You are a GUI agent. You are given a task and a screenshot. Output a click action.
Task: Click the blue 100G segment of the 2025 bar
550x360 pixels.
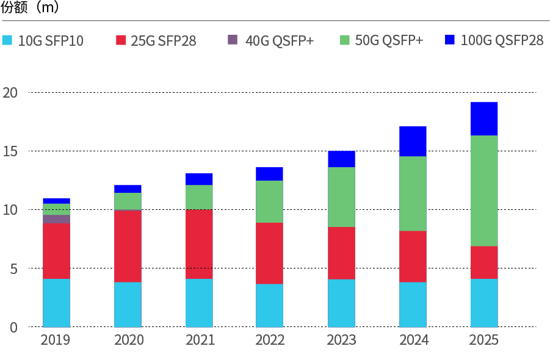pos(484,118)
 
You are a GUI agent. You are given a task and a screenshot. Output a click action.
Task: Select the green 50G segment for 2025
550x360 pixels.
pos(484,190)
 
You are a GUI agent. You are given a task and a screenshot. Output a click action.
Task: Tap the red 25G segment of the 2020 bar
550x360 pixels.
pos(128,246)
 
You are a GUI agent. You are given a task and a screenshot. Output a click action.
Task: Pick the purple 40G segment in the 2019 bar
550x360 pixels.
pos(56,218)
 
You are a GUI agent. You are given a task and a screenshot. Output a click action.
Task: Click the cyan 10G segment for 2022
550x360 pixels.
pos(269,305)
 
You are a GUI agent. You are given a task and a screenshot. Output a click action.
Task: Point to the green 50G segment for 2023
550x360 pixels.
pos(341,196)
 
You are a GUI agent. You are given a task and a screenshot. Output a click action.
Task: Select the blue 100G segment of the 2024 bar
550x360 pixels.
pos(413,141)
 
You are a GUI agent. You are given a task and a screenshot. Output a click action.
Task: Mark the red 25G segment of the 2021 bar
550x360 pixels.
pos(199,244)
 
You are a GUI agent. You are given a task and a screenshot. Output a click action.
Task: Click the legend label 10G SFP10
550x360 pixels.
pos(51,41)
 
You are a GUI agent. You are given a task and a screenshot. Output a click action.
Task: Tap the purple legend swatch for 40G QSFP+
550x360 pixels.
pos(233,40)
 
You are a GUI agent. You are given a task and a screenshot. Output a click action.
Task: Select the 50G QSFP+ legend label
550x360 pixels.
pos(389,41)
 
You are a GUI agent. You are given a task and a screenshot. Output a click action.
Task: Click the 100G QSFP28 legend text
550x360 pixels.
pos(502,41)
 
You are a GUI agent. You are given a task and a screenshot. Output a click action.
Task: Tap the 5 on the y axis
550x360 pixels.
pos(13,268)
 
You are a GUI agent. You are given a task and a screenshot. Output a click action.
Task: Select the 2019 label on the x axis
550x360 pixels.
pos(56,340)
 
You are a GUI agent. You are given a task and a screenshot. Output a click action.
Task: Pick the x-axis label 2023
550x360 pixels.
pos(341,340)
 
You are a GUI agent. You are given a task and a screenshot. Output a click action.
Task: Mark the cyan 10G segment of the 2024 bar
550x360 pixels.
pos(413,304)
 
